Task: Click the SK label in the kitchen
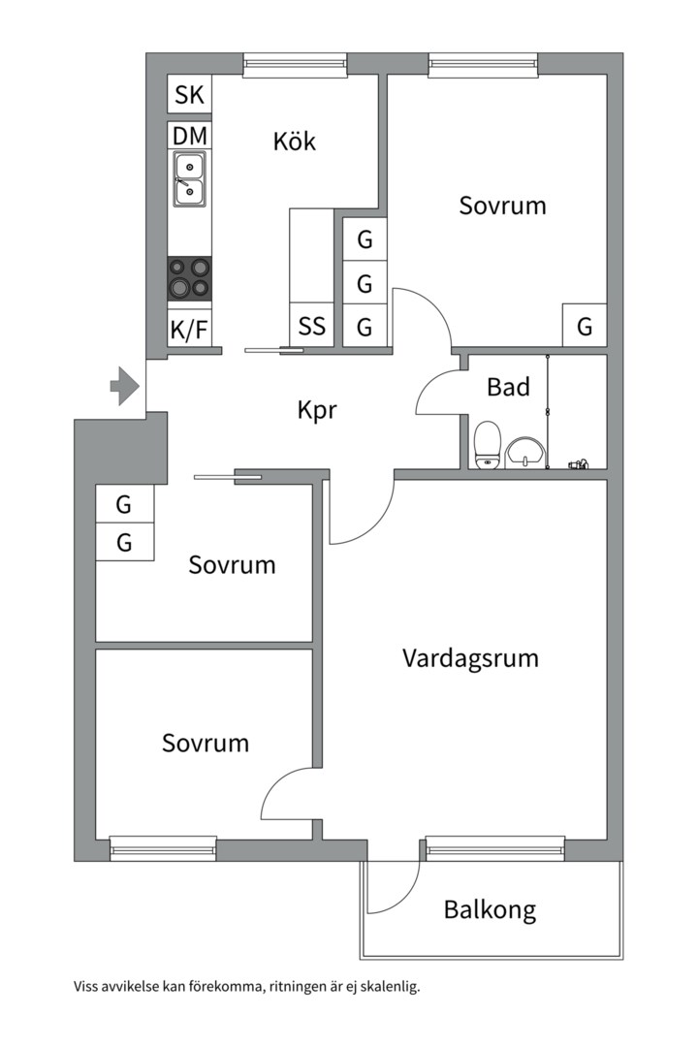[189, 95]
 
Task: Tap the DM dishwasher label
[190, 135]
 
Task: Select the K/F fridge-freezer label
[189, 330]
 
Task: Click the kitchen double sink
[189, 179]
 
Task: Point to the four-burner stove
[189, 277]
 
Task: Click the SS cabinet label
[312, 326]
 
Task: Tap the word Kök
[295, 142]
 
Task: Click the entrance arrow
[123, 386]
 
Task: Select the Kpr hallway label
[317, 410]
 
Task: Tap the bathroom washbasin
[525, 451]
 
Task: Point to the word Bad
[508, 388]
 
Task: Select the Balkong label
[490, 910]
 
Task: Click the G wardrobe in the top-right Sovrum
[585, 327]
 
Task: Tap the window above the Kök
[296, 65]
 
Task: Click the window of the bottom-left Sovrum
[163, 848]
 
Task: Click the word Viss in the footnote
[86, 988]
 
